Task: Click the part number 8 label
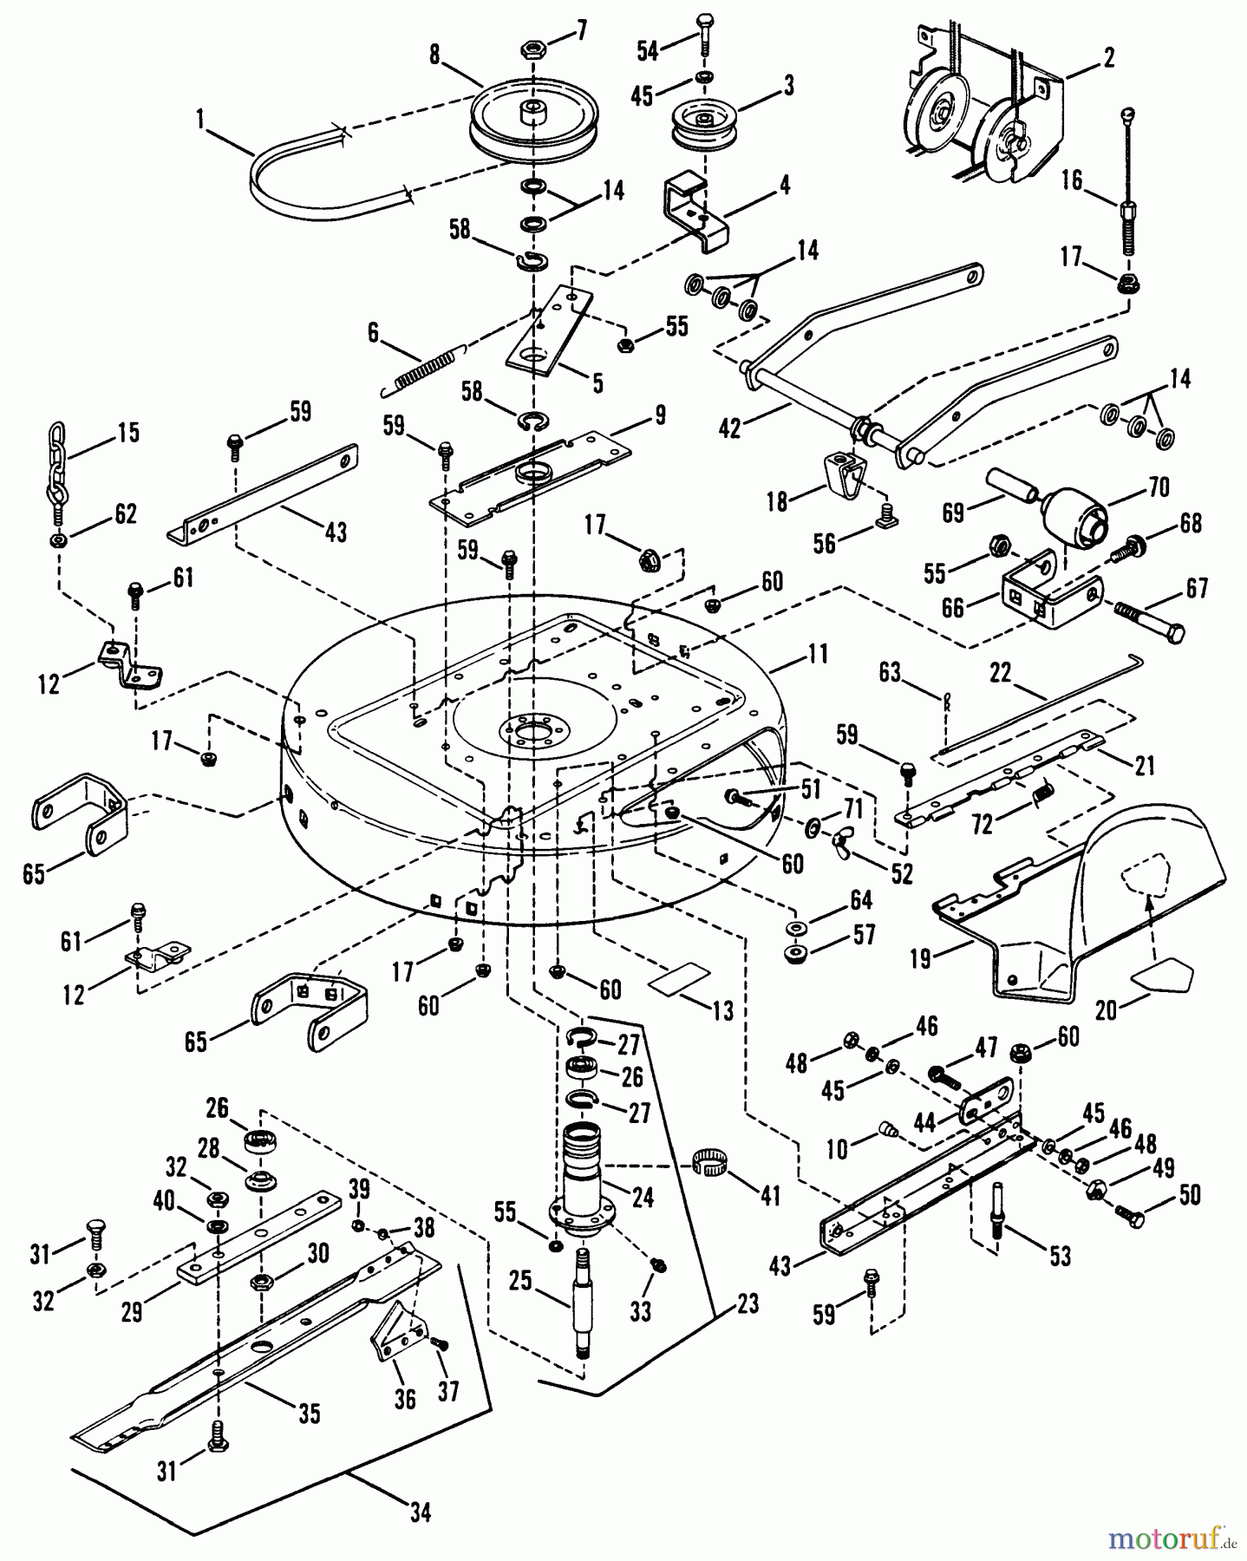coord(435,55)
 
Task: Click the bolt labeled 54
coord(703,34)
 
